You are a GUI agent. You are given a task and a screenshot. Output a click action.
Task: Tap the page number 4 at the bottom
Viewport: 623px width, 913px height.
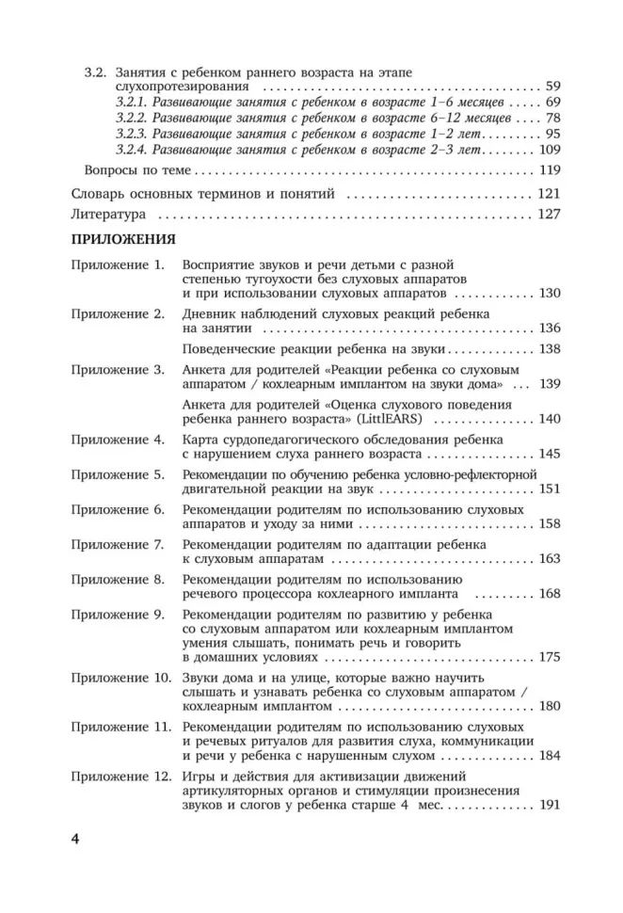[x=78, y=838]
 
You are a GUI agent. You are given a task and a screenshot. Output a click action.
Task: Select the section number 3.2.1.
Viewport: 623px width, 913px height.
[x=133, y=102]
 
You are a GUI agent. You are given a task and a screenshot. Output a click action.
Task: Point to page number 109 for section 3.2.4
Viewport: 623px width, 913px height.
[x=550, y=150]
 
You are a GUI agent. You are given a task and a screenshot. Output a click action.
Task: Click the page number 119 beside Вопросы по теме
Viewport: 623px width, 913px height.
[x=550, y=171]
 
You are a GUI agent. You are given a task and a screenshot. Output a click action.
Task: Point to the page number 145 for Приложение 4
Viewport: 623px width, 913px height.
[x=550, y=455]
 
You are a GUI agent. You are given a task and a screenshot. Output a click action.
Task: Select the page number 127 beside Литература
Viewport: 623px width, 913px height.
[x=550, y=215]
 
